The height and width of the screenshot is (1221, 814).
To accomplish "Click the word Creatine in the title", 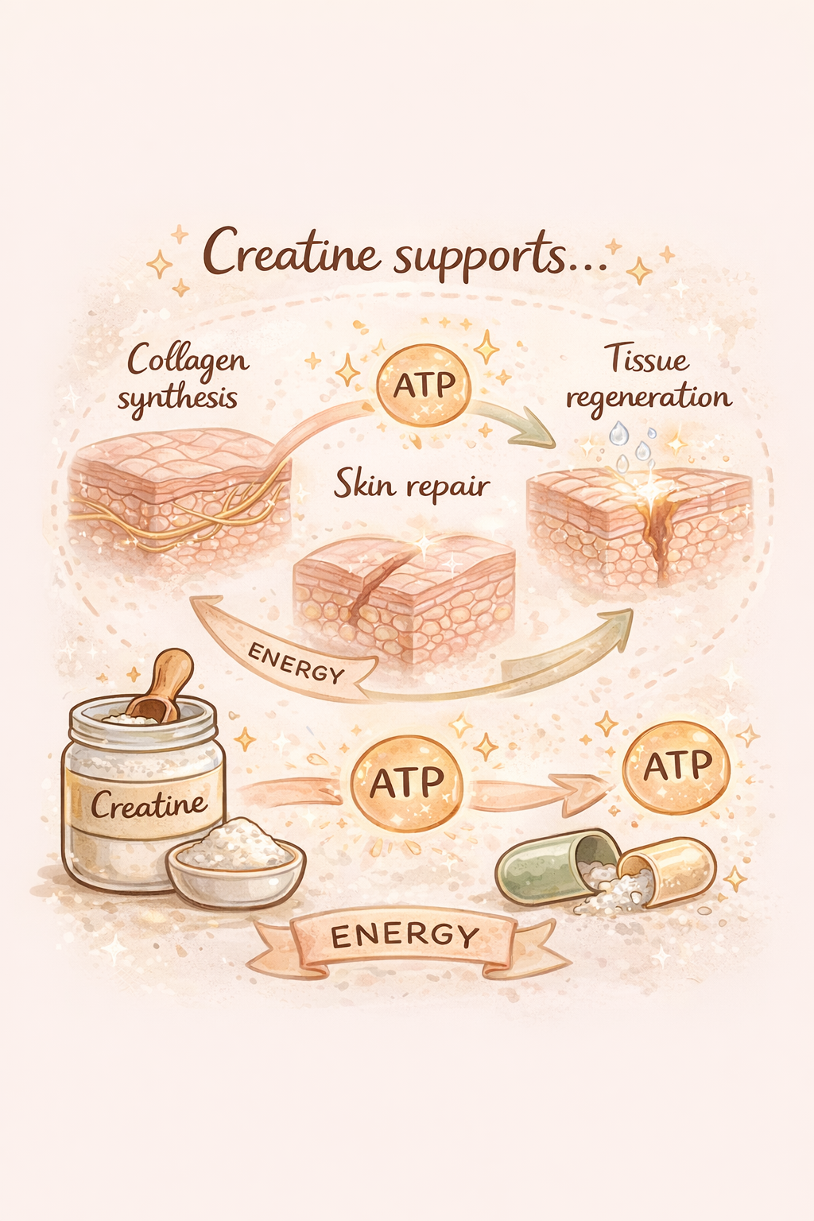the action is (290, 253).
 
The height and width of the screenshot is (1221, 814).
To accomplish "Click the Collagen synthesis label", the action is (184, 378).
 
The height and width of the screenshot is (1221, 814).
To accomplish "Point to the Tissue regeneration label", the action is (648, 378).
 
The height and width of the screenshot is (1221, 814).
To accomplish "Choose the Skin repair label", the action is (411, 484).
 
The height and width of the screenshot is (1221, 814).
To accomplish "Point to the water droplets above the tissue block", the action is (632, 445).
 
